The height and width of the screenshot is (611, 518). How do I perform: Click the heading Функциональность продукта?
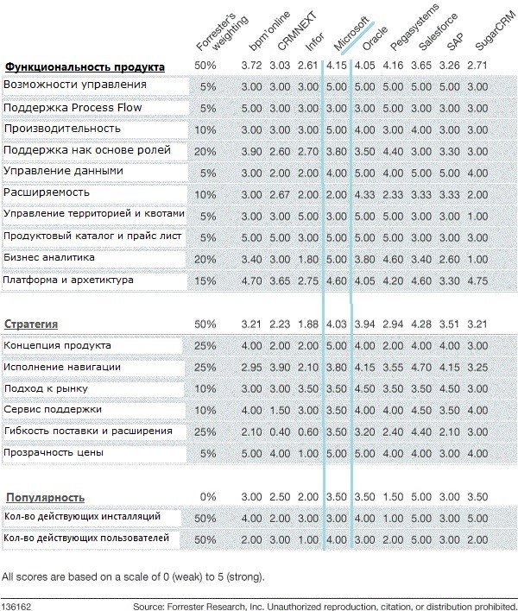pyautogui.click(x=85, y=66)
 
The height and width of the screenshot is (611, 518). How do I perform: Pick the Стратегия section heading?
pyautogui.click(x=31, y=324)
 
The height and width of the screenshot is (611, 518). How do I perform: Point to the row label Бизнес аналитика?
pyautogui.click(x=49, y=257)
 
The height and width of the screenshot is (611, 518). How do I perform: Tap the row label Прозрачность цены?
pyautogui.click(x=54, y=451)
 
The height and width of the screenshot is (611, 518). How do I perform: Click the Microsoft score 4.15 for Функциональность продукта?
pyautogui.click(x=338, y=66)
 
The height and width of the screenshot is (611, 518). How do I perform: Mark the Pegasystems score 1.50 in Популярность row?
pyautogui.click(x=394, y=497)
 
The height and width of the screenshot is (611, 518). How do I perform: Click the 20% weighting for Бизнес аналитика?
pyautogui.click(x=207, y=258)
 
